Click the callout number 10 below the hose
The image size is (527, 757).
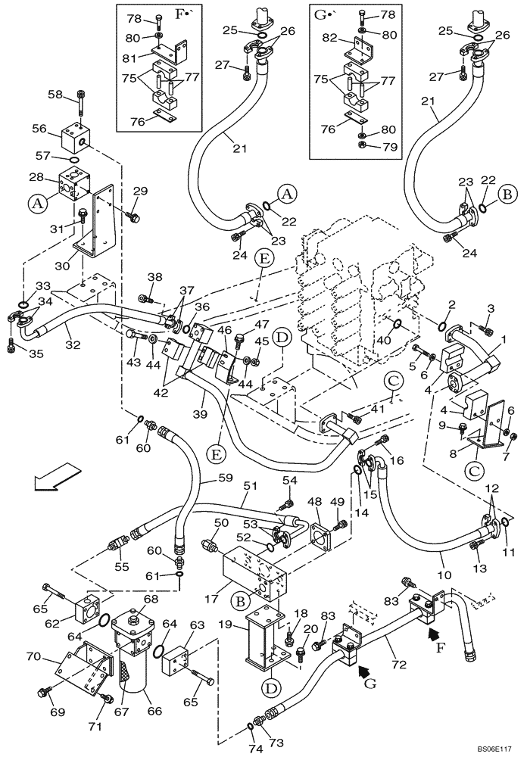tap(441, 556)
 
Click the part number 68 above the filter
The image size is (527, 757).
tap(151, 599)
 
